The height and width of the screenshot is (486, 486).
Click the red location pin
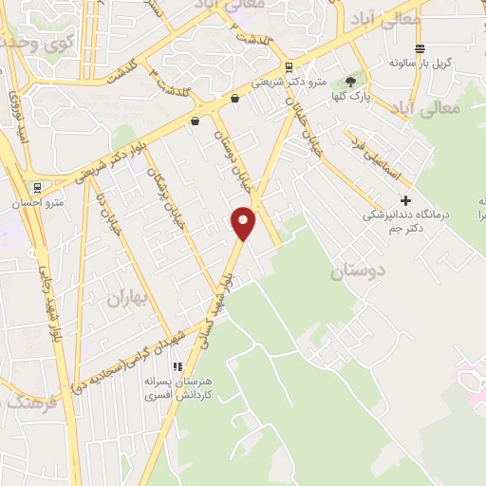244,221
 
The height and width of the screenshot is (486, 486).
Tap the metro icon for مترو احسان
37,187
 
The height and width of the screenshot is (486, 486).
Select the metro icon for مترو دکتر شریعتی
289,66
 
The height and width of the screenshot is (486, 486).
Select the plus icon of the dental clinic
405,200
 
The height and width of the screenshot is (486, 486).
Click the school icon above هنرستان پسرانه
176,365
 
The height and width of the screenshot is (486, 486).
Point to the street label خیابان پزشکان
166,199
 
